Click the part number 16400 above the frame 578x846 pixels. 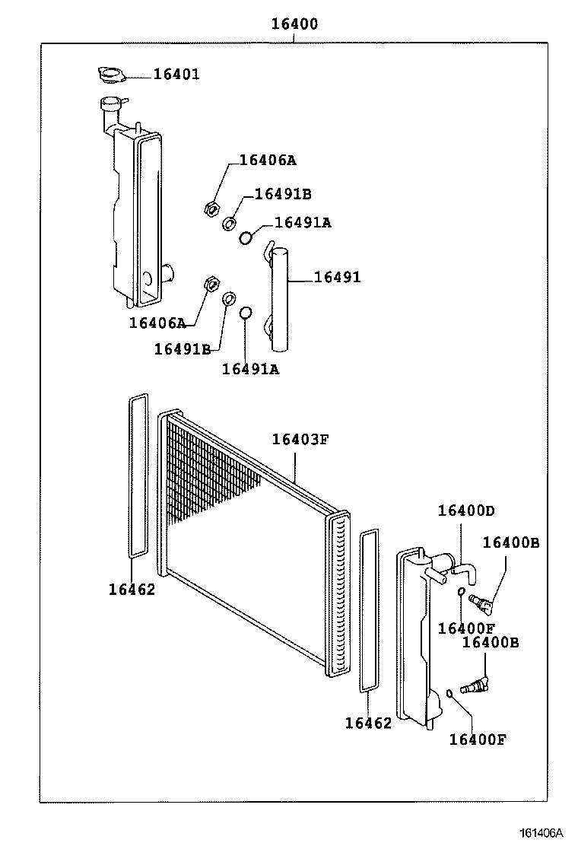tap(294, 24)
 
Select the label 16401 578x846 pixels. tap(176, 74)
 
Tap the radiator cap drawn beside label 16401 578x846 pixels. tap(111, 75)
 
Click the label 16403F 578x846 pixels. tap(300, 439)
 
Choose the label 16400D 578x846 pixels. tap(465, 510)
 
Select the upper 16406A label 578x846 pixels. tap(267, 160)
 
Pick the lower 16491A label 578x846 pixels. tap(250, 369)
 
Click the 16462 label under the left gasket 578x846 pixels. tap(131, 589)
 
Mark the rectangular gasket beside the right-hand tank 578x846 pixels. tap(368, 612)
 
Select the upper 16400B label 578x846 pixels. tap(510, 542)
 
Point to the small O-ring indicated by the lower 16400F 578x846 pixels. tap(450, 692)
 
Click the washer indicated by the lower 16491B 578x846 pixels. tap(228, 298)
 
